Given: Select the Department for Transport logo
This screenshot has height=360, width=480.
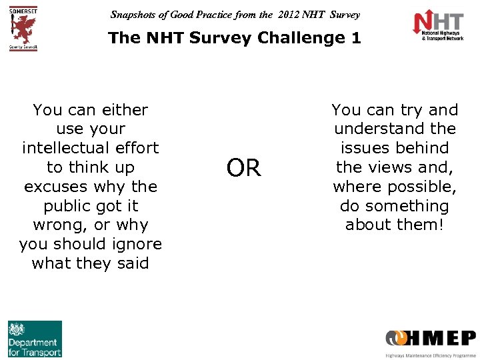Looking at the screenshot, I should [x=35, y=339].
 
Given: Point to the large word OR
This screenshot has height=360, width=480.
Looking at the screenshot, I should [x=244, y=168].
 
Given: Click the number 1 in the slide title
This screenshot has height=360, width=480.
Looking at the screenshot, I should [x=356, y=38].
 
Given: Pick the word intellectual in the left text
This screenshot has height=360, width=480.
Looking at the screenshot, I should [x=91, y=147].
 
